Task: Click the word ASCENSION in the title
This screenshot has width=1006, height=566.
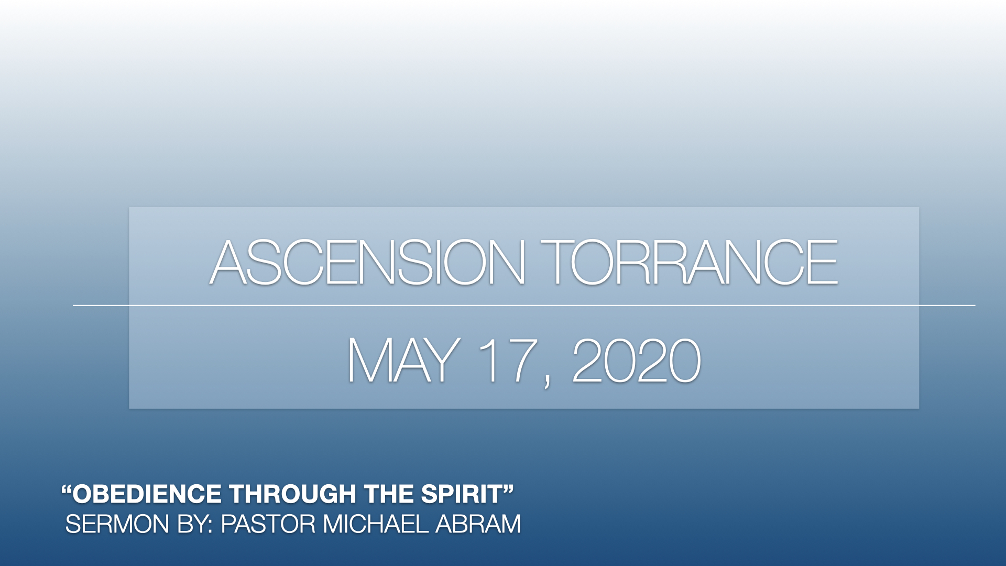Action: (367, 262)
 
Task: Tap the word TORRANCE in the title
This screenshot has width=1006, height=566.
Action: (689, 262)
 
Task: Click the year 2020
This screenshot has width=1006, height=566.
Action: (637, 360)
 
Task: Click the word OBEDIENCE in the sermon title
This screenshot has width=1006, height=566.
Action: (147, 494)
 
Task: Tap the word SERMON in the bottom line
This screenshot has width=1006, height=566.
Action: (117, 524)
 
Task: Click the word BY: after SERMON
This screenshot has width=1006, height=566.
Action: (194, 524)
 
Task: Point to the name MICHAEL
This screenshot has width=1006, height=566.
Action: (376, 524)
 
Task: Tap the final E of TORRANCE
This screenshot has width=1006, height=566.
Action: (823, 262)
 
